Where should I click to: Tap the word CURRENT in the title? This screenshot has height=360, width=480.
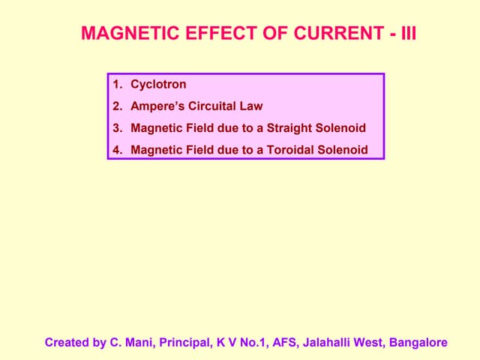pos(330,34)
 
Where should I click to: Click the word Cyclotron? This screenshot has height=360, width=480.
pos(158,85)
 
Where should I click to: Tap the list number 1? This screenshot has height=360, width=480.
pos(116,85)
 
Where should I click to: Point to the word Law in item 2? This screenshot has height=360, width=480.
pos(252,106)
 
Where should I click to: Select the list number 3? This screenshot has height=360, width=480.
pos(116,128)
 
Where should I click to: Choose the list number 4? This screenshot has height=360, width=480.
pos(116,150)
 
